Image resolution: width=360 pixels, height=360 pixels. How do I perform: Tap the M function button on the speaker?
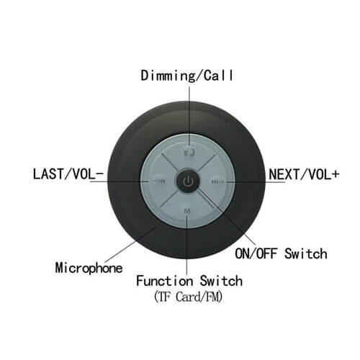pyautogui.click(x=187, y=211)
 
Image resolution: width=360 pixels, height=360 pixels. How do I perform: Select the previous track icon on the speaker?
pyautogui.click(x=160, y=181)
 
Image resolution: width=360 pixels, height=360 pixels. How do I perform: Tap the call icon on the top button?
pyautogui.click(x=189, y=152)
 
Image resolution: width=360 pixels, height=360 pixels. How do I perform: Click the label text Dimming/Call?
pyautogui.click(x=187, y=76)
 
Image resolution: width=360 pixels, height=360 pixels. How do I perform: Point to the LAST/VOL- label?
pyautogui.click(x=68, y=174)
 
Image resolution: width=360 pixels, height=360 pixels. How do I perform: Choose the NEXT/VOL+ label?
pyautogui.click(x=304, y=174)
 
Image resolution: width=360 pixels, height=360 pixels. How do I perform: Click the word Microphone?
pyautogui.click(x=89, y=268)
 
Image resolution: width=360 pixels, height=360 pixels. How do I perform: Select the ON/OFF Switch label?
pyautogui.click(x=281, y=253)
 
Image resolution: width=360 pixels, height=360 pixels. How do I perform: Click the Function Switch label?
pyautogui.click(x=189, y=281)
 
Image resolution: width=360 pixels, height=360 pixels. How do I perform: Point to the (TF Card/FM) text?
pyautogui.click(x=189, y=297)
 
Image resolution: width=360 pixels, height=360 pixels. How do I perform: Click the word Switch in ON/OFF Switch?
pyautogui.click(x=306, y=253)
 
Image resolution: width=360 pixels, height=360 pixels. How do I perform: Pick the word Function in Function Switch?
pyautogui.click(x=165, y=281)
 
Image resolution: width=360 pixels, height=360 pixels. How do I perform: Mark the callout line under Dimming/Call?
pyautogui.click(x=189, y=116)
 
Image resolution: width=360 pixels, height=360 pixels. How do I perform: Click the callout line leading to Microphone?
pyautogui.click(x=131, y=244)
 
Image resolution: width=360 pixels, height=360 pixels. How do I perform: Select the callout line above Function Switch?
pyautogui.click(x=187, y=244)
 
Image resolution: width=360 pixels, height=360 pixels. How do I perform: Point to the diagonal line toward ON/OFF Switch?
pyautogui.click(x=225, y=216)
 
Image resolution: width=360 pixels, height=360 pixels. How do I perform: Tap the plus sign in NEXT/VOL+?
pyautogui.click(x=336, y=174)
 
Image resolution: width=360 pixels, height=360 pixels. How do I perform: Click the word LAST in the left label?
pyautogui.click(x=48, y=174)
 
